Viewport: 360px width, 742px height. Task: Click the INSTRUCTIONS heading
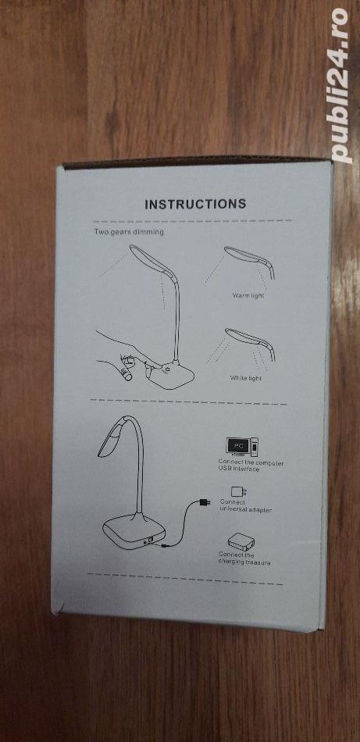pyautogui.click(x=195, y=204)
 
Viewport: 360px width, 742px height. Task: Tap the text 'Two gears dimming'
pyautogui.click(x=129, y=232)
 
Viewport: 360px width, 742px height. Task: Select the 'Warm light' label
pyautogui.click(x=248, y=295)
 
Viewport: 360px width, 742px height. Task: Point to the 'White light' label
pyautogui.click(x=245, y=378)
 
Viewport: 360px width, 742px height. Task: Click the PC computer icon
pyautogui.click(x=242, y=447)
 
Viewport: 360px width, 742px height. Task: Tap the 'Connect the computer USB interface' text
pyautogui.click(x=251, y=466)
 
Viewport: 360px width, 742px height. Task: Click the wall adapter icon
pyautogui.click(x=238, y=491)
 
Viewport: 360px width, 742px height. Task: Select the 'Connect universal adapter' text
pyautogui.click(x=245, y=506)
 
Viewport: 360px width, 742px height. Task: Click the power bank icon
pyautogui.click(x=241, y=541)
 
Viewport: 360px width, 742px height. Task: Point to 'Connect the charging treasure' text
pyautogui.click(x=244, y=558)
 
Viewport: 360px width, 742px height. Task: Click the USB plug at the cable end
pyautogui.click(x=205, y=501)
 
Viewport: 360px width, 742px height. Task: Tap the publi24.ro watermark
pyautogui.click(x=341, y=85)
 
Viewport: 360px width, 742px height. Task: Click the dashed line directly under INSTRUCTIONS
pyautogui.click(x=192, y=220)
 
